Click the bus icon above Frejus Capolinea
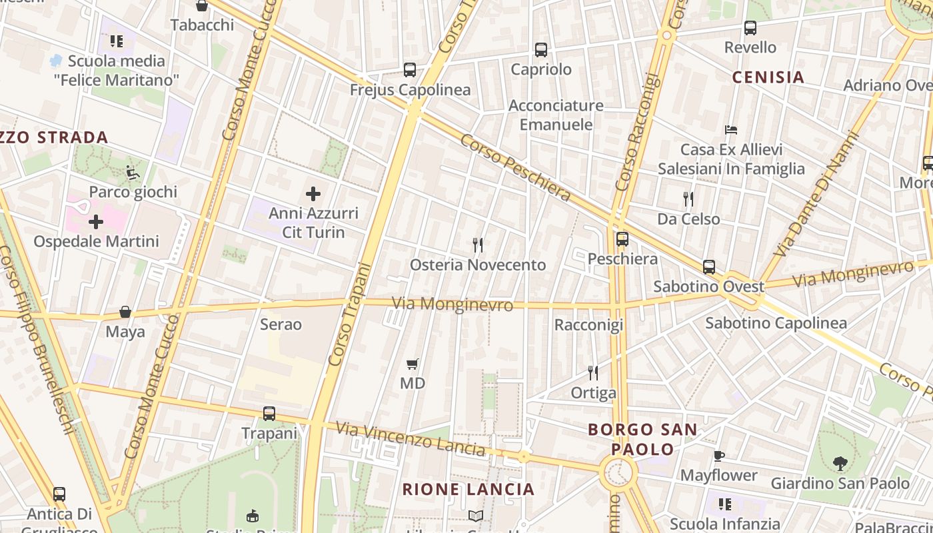410,70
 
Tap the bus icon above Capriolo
541,50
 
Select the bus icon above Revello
750,28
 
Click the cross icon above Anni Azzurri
313,194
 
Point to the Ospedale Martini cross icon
96,222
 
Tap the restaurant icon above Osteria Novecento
478,245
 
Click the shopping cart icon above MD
413,364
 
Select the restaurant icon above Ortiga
593,373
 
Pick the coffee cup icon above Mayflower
718,456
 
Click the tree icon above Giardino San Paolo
840,463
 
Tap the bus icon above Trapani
269,414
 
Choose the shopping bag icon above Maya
125,312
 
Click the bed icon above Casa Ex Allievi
731,129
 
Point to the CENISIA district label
768,77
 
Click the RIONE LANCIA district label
468,489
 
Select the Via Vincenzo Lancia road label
410,439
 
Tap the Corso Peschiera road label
515,167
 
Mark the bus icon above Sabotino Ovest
709,267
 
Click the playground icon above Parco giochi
133,173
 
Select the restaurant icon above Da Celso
688,199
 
